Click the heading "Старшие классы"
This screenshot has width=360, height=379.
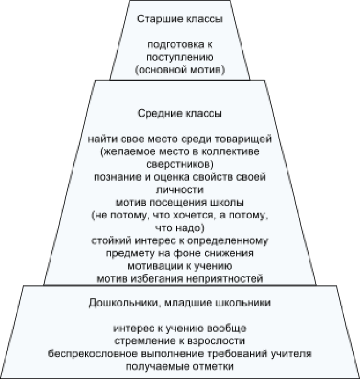pyautogui.click(x=180, y=20)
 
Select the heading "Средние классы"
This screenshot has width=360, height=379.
pyautogui.click(x=180, y=114)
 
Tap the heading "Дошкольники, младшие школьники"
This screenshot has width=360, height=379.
pyautogui.click(x=180, y=303)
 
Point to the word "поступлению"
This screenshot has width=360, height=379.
pyautogui.click(x=180, y=57)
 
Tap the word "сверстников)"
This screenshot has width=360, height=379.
pyautogui.click(x=180, y=164)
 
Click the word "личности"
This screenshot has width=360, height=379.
pyautogui.click(x=180, y=189)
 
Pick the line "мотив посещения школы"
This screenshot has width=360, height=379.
pyautogui.click(x=180, y=202)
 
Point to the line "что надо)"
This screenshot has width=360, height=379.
pyautogui.click(x=180, y=227)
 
